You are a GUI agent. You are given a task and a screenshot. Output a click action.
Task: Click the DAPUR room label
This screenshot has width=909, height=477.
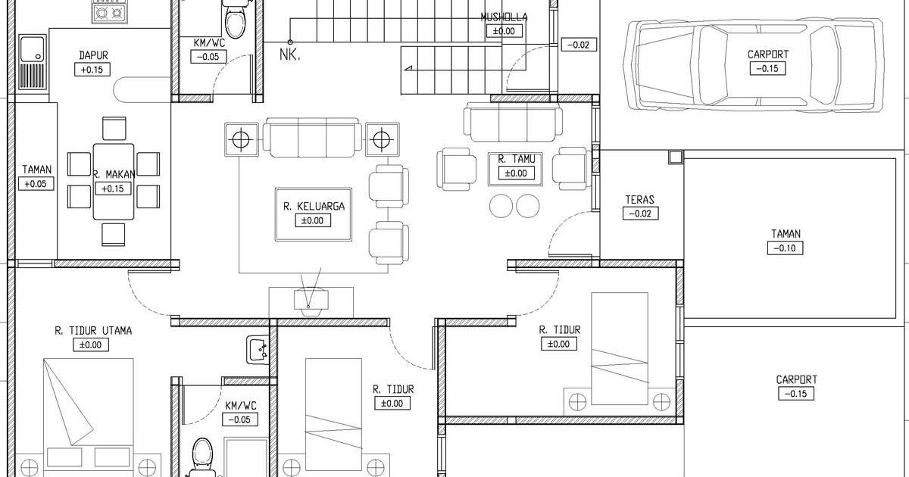pos(93,55)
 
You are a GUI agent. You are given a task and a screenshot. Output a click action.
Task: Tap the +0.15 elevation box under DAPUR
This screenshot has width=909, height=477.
pos(92,70)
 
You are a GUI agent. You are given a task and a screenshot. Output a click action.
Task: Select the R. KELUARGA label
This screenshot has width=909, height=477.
pos(314,207)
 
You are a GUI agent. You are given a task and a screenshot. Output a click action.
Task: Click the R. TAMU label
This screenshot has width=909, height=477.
pos(517,159)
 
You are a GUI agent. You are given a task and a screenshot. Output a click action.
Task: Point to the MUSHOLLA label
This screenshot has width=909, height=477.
pos(504,17)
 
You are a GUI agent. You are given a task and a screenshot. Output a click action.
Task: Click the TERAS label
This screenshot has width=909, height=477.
pos(640,200)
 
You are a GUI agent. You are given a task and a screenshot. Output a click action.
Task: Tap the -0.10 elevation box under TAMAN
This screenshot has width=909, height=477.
pos(785,248)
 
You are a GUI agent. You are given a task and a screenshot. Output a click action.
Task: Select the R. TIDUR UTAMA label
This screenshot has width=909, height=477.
pos(93,331)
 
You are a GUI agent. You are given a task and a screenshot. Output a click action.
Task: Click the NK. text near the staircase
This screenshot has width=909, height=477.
pos(289,55)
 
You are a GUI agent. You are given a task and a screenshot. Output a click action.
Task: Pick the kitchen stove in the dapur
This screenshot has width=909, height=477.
pos(108,12)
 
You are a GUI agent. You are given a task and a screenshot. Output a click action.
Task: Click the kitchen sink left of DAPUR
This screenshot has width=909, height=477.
pos(33,62)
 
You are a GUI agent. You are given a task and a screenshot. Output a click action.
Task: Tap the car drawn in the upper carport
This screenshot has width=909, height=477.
pos(754,64)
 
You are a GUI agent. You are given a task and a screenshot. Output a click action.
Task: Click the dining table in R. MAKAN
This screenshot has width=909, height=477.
pos(114,182)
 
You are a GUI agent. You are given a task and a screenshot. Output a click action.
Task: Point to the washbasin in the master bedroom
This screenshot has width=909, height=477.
pos(258,350)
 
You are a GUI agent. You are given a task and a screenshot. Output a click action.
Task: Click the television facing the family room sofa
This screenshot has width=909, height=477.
pos(311,301)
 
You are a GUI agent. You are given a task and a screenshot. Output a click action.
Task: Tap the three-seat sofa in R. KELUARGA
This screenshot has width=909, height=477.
pos(312,138)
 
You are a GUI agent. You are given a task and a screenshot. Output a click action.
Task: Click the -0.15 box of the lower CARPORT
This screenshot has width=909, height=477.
pos(796,394)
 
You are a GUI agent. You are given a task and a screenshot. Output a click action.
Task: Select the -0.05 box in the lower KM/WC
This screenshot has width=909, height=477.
pos(240,419)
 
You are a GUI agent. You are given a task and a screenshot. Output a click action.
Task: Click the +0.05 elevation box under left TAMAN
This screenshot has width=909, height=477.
pos(36,184)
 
